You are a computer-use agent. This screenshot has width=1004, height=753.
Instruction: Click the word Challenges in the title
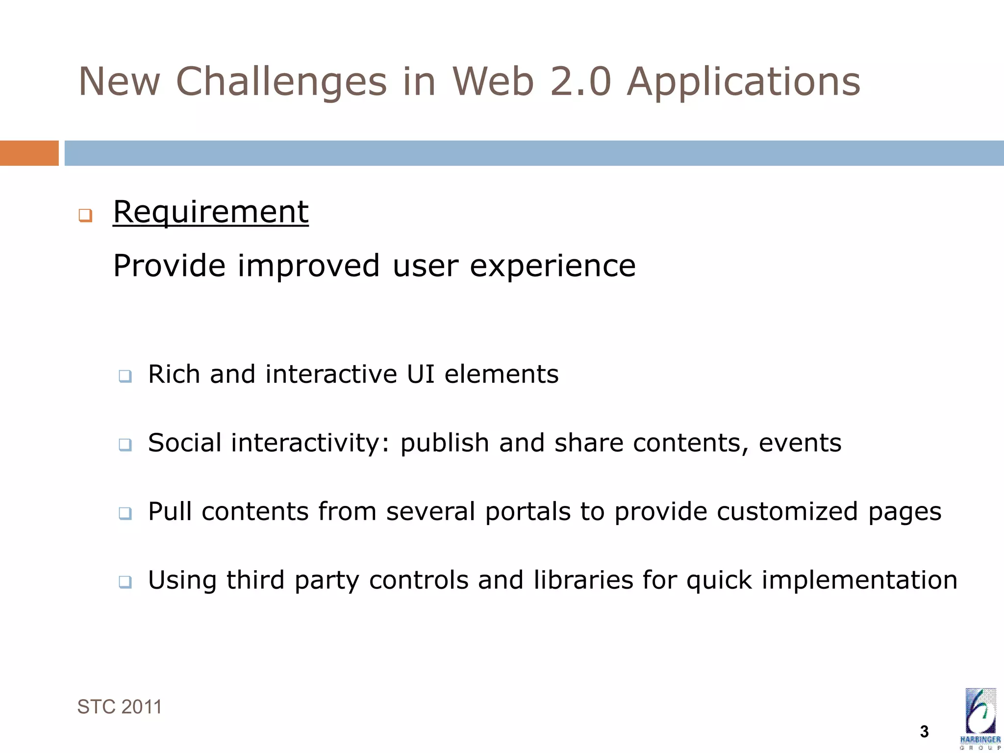281,82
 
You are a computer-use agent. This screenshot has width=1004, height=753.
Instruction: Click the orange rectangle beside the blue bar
29,153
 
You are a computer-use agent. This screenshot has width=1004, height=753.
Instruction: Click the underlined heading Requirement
211,212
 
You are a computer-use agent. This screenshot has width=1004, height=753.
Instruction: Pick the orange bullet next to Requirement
85,215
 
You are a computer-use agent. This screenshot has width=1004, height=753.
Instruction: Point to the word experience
552,266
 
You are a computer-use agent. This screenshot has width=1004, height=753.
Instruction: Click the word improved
308,266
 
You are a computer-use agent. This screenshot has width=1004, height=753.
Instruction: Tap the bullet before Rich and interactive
125,376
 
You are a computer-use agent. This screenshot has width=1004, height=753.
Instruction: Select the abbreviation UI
421,374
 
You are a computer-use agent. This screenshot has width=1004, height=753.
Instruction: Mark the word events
800,443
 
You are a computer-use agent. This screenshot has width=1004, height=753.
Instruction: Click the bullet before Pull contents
125,513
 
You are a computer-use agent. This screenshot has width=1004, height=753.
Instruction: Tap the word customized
787,511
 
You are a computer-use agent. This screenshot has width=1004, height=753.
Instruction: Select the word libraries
583,580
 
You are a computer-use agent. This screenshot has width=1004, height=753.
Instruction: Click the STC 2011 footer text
119,707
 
